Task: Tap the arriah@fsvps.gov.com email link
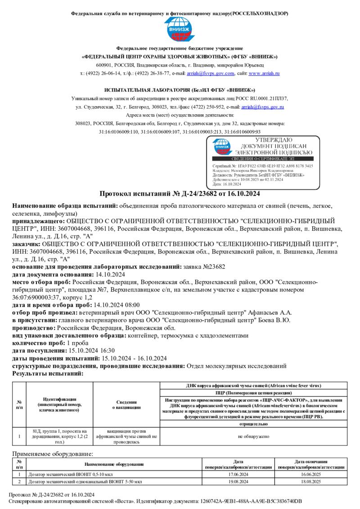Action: coord(210,73)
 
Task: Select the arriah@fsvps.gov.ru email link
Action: coord(263,107)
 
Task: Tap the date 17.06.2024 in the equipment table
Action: coord(238,474)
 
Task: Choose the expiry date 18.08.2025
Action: coord(311,482)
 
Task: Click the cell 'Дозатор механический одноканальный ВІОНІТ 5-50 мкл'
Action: coord(85,482)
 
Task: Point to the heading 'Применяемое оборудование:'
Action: coord(53,454)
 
